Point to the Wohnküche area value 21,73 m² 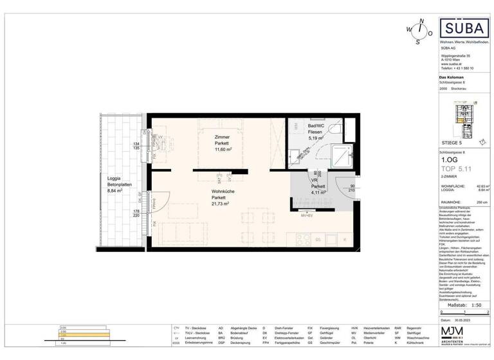tap(222, 205)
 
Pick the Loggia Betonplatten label tap(119, 184)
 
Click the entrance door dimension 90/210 tap(352, 188)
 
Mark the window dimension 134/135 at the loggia tap(136, 146)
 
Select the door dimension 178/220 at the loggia tap(136, 214)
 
